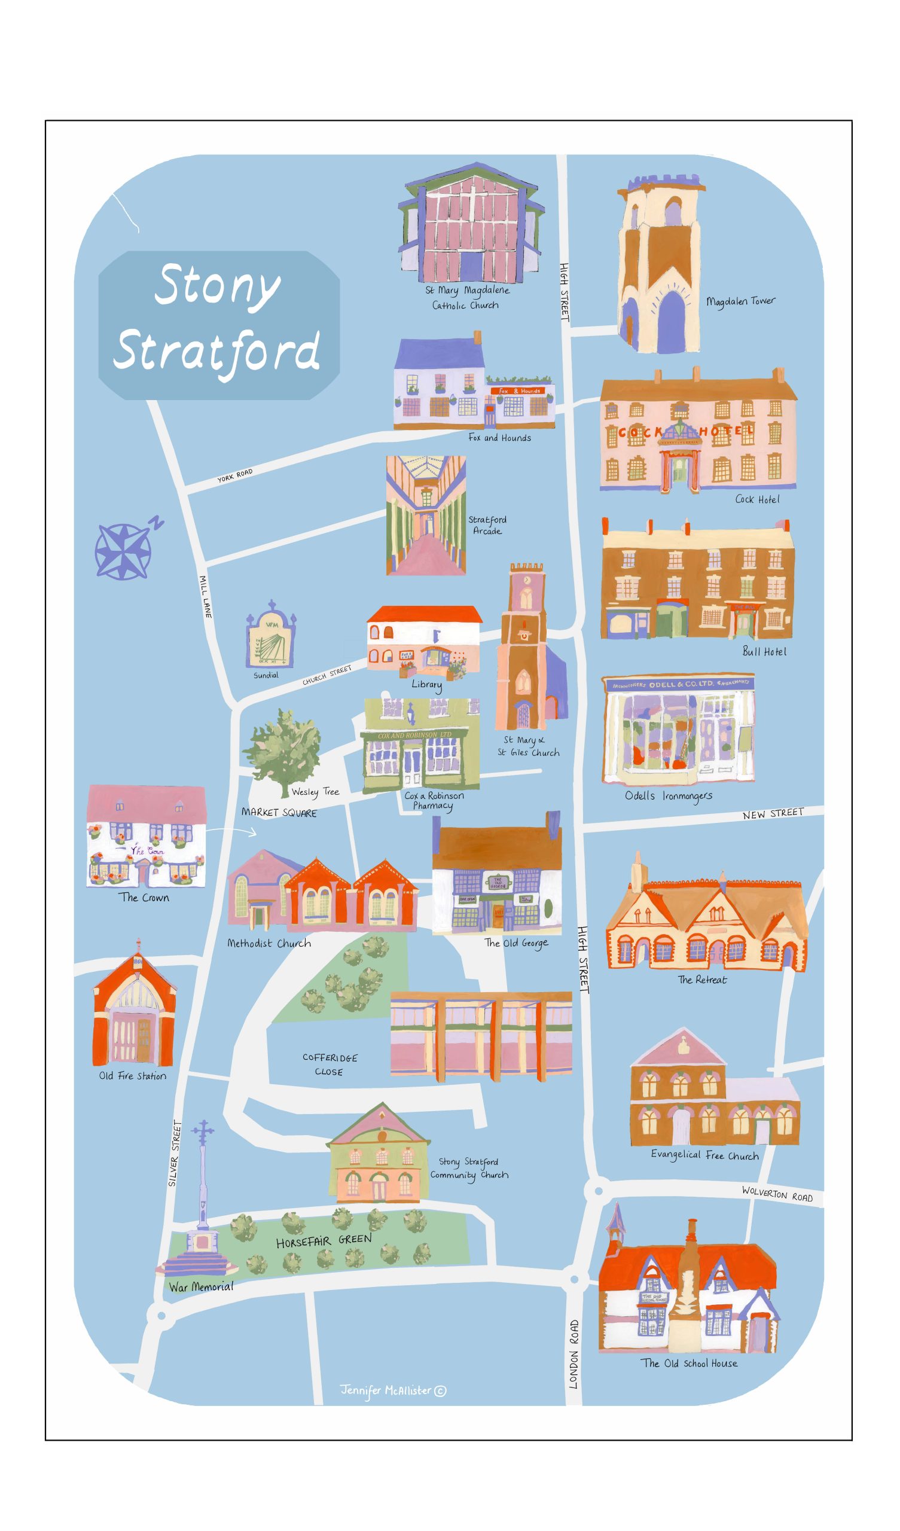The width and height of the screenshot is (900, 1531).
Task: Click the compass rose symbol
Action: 123,551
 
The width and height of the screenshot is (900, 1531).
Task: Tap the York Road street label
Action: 234,475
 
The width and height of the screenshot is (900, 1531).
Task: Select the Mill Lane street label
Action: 205,597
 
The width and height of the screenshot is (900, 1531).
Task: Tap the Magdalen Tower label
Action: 740,301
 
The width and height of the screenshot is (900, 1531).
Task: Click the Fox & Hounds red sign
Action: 519,391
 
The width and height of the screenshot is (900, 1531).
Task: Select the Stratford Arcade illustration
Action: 426,515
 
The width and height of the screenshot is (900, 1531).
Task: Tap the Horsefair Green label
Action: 324,1240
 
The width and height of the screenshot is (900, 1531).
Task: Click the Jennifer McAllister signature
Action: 392,1390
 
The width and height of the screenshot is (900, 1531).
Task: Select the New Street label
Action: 773,813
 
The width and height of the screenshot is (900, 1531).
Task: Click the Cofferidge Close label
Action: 330,1065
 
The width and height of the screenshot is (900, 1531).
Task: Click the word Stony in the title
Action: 218,286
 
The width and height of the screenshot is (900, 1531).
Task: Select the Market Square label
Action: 279,812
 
